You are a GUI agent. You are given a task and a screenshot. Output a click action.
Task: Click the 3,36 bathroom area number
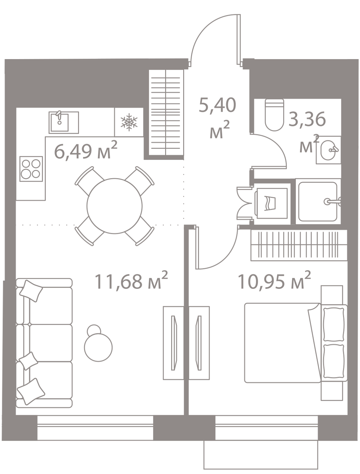(306, 119)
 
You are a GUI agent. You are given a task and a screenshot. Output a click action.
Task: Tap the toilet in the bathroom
(274, 116)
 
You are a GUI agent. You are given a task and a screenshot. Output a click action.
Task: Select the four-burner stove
(31, 169)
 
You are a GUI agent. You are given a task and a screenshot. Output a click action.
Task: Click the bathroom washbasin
(328, 150)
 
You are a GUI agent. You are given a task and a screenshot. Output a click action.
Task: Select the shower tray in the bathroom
(318, 201)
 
